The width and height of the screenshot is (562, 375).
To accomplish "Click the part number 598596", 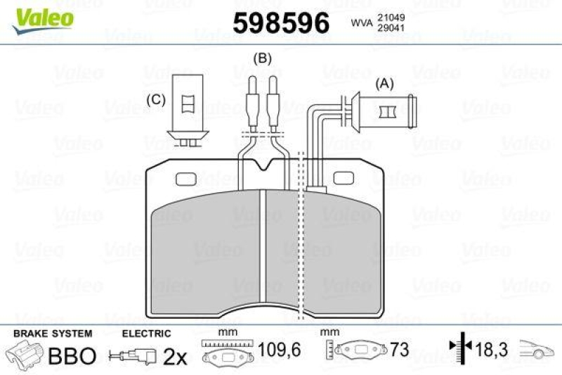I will click(x=281, y=24).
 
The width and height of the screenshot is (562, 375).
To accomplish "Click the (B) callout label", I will click(x=263, y=58).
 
